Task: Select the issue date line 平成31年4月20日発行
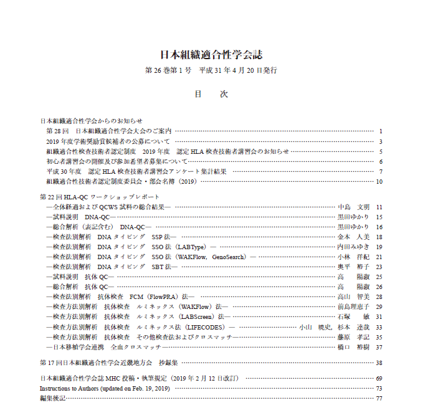click(x=237, y=70)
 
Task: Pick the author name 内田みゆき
click(x=353, y=247)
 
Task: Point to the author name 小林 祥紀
click(x=353, y=257)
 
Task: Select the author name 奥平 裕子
click(x=353, y=267)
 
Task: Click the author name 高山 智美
click(x=353, y=297)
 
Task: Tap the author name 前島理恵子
click(x=353, y=307)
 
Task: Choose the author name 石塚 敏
click(x=353, y=317)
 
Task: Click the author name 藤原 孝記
click(x=353, y=337)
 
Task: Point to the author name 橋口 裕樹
click(x=353, y=347)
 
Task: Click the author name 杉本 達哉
click(x=353, y=327)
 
